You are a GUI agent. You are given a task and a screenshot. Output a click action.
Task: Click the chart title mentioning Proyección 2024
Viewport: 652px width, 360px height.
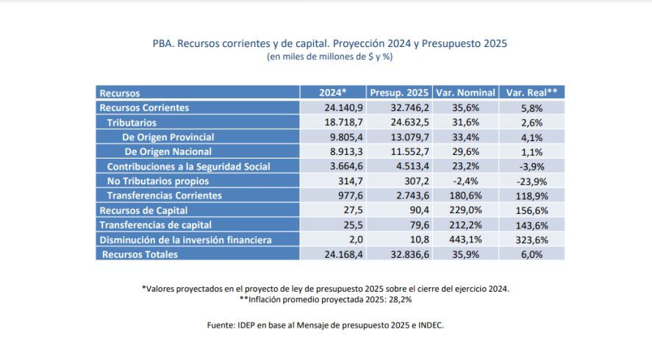point(325,43)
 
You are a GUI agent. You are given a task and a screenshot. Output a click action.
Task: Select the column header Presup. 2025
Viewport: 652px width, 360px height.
point(399,93)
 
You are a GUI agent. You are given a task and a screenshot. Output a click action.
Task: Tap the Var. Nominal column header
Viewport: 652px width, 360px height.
point(465,93)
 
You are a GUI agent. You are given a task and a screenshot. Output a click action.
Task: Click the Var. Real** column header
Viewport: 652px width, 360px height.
point(531,93)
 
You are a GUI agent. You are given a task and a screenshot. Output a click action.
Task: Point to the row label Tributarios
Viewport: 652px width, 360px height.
point(132,123)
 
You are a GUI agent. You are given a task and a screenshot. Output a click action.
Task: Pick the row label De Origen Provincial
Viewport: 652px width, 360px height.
point(168,137)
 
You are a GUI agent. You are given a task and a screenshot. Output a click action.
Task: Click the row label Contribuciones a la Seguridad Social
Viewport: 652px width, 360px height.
point(188,167)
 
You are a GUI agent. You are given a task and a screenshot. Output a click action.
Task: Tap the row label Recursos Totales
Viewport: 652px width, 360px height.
point(140,255)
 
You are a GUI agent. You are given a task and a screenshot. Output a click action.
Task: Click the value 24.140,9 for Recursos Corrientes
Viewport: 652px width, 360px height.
point(332,108)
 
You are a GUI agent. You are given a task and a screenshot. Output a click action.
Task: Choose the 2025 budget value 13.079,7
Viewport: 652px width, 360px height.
point(399,137)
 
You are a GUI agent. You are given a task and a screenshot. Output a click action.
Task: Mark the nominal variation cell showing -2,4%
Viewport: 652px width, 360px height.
point(465,181)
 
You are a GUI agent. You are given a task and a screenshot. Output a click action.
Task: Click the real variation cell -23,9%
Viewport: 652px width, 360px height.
point(531,181)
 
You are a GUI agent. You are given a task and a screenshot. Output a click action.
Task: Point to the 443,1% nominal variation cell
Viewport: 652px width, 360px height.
point(465,240)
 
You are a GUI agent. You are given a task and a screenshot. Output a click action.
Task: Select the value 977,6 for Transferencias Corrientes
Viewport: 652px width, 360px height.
point(332,196)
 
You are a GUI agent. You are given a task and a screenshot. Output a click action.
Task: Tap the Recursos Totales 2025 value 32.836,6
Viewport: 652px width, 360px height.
point(399,255)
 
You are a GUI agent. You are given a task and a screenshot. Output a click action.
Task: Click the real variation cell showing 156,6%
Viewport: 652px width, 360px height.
point(531,211)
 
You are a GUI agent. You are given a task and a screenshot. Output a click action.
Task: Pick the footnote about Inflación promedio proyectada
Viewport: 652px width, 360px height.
point(325,300)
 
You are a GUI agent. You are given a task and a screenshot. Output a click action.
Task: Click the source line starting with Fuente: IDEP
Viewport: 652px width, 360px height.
point(325,324)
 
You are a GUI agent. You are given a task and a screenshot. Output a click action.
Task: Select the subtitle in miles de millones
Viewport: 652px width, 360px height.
point(325,57)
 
